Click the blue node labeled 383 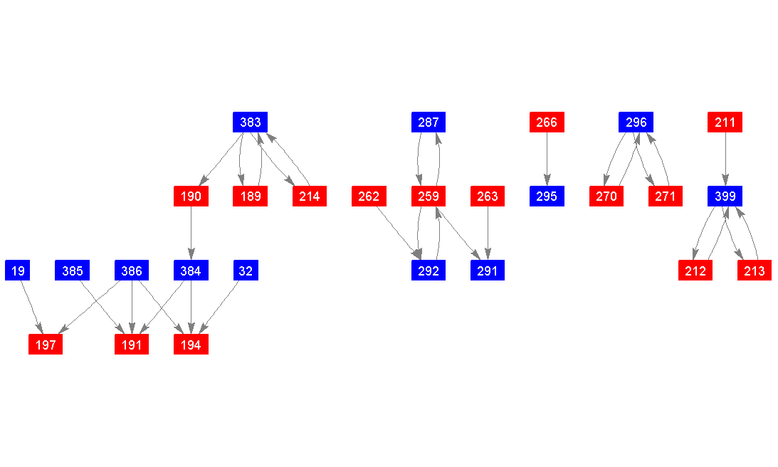[x=250, y=122]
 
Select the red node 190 [x=191, y=196]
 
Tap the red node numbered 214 [x=309, y=196]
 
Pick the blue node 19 [x=17, y=271]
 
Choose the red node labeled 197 [x=46, y=345]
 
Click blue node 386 [x=132, y=271]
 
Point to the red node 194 [x=191, y=345]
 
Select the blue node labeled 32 [x=246, y=271]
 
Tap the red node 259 [x=428, y=196]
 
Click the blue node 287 [x=428, y=122]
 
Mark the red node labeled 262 [x=369, y=196]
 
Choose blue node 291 [x=488, y=271]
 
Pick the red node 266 [x=547, y=122]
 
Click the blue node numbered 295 [x=547, y=196]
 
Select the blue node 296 [x=636, y=122]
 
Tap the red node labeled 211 [x=725, y=122]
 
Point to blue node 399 [x=725, y=196]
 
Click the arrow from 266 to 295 [x=547, y=159]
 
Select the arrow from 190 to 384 [x=191, y=233]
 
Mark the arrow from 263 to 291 [x=488, y=233]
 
